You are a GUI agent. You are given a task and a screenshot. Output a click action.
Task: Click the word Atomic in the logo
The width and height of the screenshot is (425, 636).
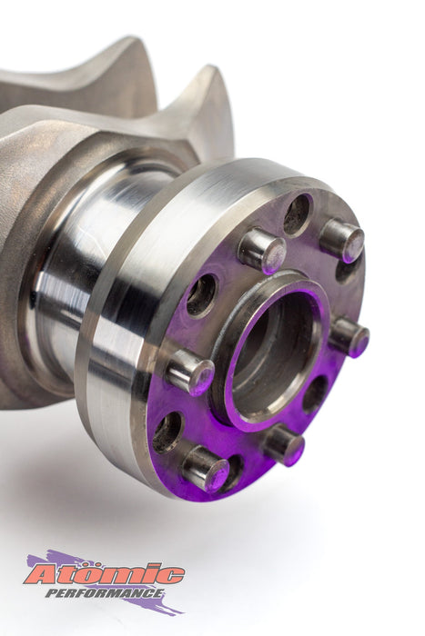[x=105, y=574]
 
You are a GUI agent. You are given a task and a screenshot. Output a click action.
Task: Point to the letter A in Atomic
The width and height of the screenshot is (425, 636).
[x=42, y=574]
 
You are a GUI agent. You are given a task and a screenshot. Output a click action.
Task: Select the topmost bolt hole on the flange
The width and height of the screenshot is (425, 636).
[x=297, y=214]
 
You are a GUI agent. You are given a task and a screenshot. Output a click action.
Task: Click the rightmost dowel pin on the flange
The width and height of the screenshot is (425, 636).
[x=349, y=337]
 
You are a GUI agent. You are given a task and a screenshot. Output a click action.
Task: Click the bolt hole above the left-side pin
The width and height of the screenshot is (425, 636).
[x=201, y=295]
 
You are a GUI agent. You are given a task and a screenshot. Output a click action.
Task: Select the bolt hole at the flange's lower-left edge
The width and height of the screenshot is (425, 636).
[x=167, y=432]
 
